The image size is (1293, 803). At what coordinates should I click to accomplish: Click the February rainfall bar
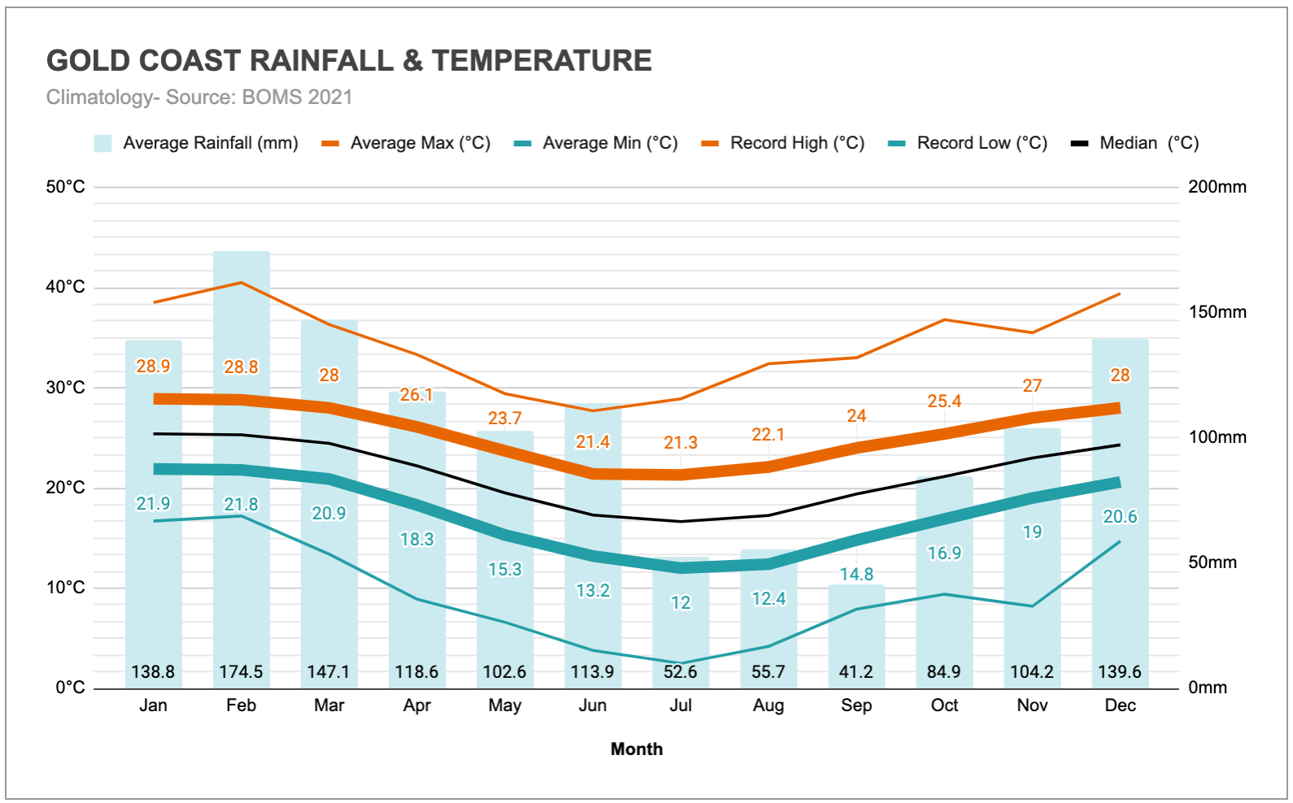[242, 470]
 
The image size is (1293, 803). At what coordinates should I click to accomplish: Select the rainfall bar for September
[856, 637]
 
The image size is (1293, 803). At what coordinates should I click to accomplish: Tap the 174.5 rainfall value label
[242, 672]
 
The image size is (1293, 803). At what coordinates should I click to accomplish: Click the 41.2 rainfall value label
[856, 672]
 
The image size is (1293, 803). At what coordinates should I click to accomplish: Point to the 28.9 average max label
[153, 367]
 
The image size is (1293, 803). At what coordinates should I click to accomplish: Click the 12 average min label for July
[681, 603]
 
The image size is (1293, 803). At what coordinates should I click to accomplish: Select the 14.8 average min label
[856, 575]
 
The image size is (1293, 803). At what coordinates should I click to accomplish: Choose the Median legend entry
[1135, 143]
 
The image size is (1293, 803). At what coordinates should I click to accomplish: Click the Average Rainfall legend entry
[196, 143]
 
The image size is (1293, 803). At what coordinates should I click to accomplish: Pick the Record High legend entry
[783, 143]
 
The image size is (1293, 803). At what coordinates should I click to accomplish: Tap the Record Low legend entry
[968, 143]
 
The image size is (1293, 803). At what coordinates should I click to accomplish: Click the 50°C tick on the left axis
[66, 187]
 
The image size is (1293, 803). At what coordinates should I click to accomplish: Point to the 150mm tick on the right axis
[1217, 312]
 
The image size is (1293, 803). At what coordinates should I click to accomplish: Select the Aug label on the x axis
[768, 705]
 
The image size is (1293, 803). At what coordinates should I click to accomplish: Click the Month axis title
[637, 749]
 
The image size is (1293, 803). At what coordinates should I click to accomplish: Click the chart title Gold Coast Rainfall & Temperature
[349, 61]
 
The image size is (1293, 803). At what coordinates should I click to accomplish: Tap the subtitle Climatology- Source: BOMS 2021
[199, 97]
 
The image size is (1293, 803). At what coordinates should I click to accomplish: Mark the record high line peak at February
[242, 283]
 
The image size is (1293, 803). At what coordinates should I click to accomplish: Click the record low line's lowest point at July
[681, 663]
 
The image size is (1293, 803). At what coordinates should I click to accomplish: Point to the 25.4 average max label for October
[944, 401]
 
